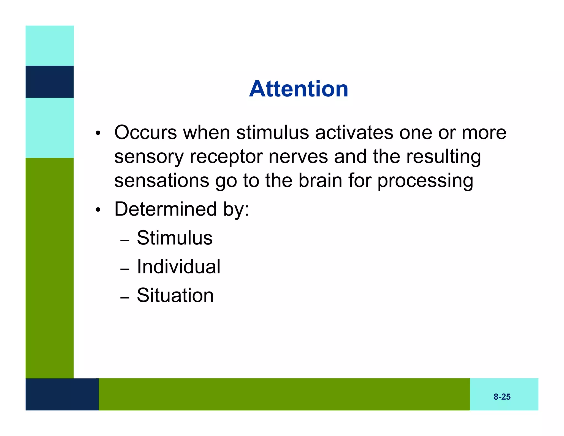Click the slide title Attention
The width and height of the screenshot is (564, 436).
click(x=299, y=89)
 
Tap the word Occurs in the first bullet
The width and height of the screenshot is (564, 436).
click(x=145, y=133)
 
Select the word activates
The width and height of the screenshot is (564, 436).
click(x=354, y=133)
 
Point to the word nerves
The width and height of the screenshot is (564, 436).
click(x=298, y=157)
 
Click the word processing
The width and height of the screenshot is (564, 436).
click(x=425, y=181)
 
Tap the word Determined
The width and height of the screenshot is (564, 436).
click(x=166, y=209)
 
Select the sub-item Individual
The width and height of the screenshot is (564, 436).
click(x=178, y=267)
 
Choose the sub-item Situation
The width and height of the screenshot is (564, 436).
click(x=175, y=295)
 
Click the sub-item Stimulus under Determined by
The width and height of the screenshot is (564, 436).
click(x=175, y=238)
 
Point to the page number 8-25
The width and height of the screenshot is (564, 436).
click(x=502, y=397)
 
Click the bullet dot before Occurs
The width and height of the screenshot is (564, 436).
click(x=98, y=134)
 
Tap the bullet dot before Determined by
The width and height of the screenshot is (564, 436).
click(x=98, y=210)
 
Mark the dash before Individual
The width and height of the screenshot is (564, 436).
click(x=125, y=269)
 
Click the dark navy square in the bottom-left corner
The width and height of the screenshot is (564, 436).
click(x=62, y=394)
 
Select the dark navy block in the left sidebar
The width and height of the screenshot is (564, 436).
click(x=50, y=82)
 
